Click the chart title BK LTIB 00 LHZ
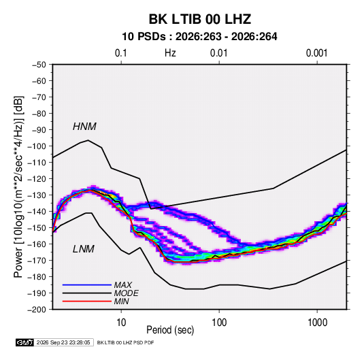[x=199, y=19]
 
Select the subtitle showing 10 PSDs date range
[x=199, y=37]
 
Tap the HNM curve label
[x=84, y=127]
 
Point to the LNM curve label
[x=84, y=249]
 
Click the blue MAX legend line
[x=87, y=284]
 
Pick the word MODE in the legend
[x=127, y=293]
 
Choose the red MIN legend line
[x=87, y=301]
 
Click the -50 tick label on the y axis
[x=39, y=65]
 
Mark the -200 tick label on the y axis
[x=37, y=310]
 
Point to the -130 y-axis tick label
[x=37, y=195]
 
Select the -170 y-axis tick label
[x=37, y=261]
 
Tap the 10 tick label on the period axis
[x=121, y=323]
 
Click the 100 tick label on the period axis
[x=219, y=323]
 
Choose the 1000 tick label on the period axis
[x=317, y=323]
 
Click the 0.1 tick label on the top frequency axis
[x=121, y=53]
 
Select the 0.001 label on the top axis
[x=316, y=53]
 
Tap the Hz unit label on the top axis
[x=170, y=53]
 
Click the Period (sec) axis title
[x=170, y=330]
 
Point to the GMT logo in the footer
[x=25, y=342]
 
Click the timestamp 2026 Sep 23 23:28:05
[x=63, y=342]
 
